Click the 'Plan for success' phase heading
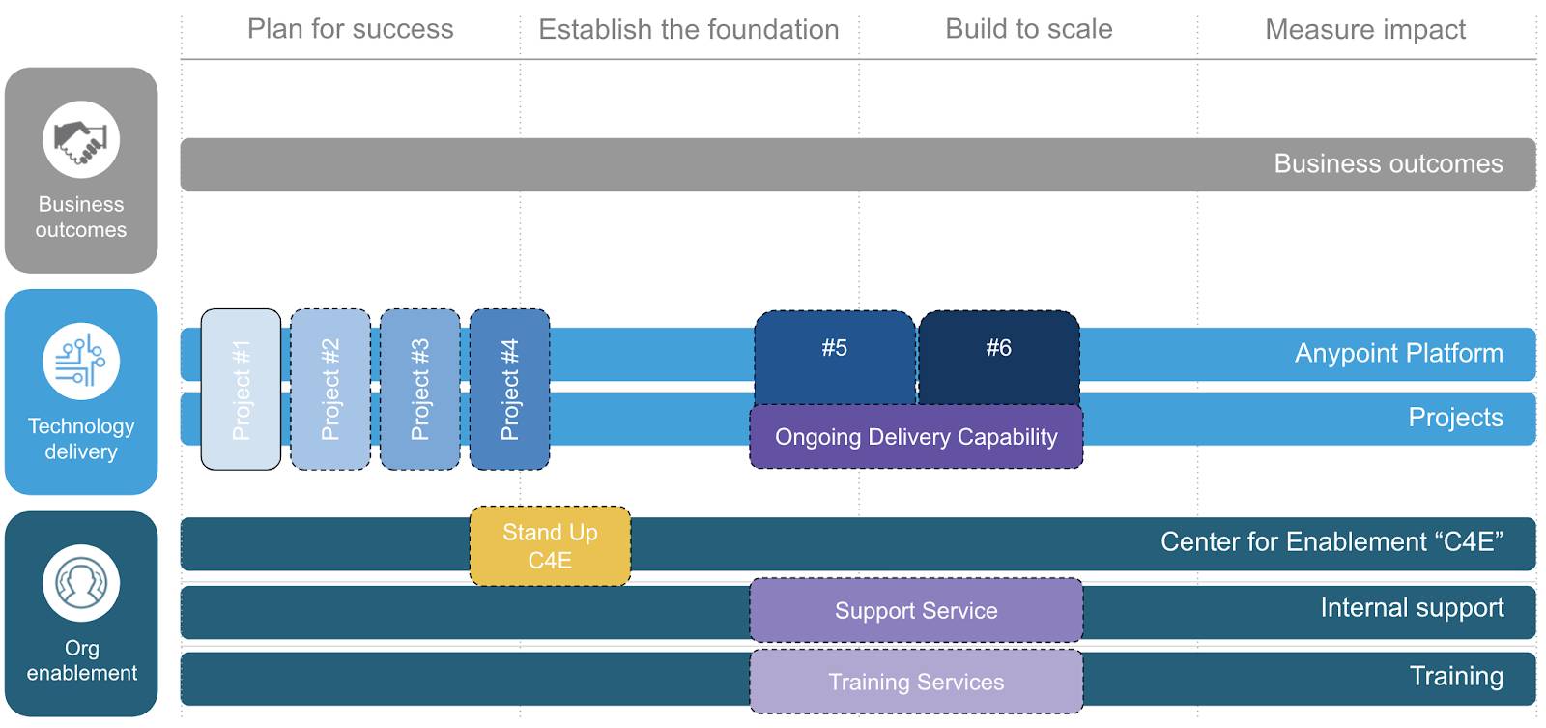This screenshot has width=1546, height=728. click(x=350, y=29)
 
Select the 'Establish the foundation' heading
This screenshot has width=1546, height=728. click(x=688, y=30)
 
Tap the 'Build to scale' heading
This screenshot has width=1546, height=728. click(x=1028, y=29)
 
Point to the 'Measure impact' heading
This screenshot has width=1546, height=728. click(x=1364, y=30)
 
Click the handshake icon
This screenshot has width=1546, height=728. click(x=81, y=140)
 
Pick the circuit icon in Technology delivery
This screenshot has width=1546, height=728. click(x=81, y=361)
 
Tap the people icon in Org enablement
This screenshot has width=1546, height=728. click(x=81, y=583)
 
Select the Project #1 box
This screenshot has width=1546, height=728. click(x=241, y=390)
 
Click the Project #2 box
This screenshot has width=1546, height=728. click(x=330, y=390)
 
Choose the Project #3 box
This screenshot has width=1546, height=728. click(x=420, y=390)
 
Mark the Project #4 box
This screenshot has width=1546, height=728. click(x=509, y=390)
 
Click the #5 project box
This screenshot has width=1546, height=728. click(x=834, y=353)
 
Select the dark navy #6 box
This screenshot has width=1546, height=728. click(x=998, y=353)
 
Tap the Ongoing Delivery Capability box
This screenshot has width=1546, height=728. click(x=916, y=437)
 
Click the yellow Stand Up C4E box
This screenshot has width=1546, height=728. click(x=550, y=546)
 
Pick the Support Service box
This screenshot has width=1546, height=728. click(x=916, y=611)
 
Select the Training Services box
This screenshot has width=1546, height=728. click(x=916, y=682)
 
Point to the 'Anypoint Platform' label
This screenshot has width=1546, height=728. click(x=1398, y=353)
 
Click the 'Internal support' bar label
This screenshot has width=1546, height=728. click(x=1411, y=608)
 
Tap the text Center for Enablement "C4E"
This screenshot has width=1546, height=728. click(x=1331, y=541)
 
